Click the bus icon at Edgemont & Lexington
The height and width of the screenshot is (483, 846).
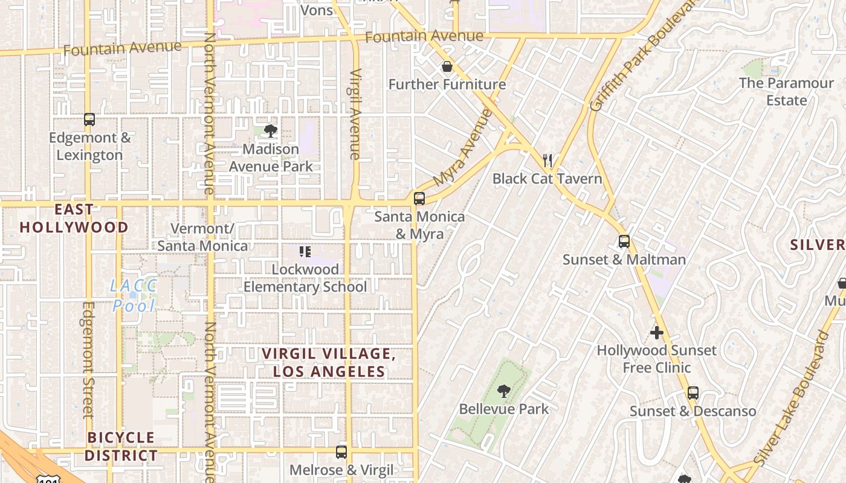(x=89, y=120)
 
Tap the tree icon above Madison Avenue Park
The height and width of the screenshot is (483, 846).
(x=271, y=130)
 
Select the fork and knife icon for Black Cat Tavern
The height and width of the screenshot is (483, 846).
(x=547, y=161)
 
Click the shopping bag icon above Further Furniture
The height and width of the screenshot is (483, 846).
(x=447, y=66)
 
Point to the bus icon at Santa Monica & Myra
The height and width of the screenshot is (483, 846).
(x=419, y=198)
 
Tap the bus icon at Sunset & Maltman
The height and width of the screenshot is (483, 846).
(x=624, y=241)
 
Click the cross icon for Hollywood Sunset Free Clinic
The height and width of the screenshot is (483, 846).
(x=657, y=333)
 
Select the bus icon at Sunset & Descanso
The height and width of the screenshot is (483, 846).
(x=693, y=393)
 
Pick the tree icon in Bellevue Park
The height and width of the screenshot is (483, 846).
(x=503, y=391)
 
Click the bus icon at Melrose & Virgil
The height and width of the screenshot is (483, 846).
(x=341, y=452)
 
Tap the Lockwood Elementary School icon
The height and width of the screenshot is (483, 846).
(x=305, y=251)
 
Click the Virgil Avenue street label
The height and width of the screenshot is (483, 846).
(x=355, y=115)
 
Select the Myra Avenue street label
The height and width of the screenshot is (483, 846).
(x=463, y=147)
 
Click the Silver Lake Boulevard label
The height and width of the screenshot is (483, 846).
(x=793, y=398)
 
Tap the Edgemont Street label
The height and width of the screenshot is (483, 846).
(x=89, y=360)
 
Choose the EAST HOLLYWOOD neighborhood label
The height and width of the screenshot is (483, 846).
(x=74, y=219)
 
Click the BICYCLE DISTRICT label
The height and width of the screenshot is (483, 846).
(x=121, y=446)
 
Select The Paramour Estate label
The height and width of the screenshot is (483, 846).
(x=786, y=91)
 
